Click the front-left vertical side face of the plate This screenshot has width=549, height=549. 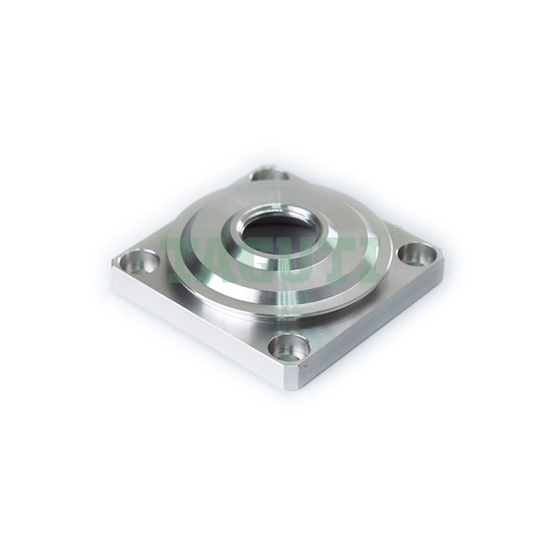click(199, 329)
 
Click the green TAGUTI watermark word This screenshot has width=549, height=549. click(274, 255)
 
